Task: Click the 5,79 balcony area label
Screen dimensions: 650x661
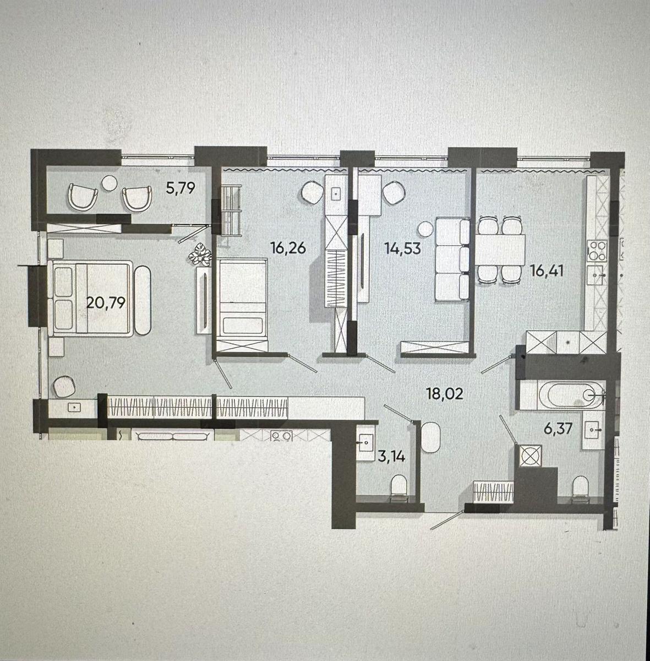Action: [181, 188]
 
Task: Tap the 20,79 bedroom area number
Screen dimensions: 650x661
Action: [106, 303]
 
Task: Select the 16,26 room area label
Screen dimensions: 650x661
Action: [288, 247]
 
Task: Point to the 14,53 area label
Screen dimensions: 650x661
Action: [402, 248]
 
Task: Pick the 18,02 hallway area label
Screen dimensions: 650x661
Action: [445, 394]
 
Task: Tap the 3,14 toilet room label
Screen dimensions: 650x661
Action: [391, 456]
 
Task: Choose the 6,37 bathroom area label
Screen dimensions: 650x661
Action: [558, 429]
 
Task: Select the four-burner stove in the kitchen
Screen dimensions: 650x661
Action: [597, 251]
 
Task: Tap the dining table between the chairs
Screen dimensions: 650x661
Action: [500, 250]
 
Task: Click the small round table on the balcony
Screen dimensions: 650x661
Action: [110, 183]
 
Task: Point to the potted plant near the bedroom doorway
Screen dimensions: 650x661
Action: [200, 254]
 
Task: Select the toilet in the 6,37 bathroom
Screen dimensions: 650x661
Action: [581, 487]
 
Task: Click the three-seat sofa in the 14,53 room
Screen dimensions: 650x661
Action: [452, 259]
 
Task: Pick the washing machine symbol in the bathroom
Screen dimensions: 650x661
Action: [531, 456]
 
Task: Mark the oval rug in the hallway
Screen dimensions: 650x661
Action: [430, 437]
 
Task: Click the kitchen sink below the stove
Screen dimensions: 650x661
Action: [597, 275]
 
